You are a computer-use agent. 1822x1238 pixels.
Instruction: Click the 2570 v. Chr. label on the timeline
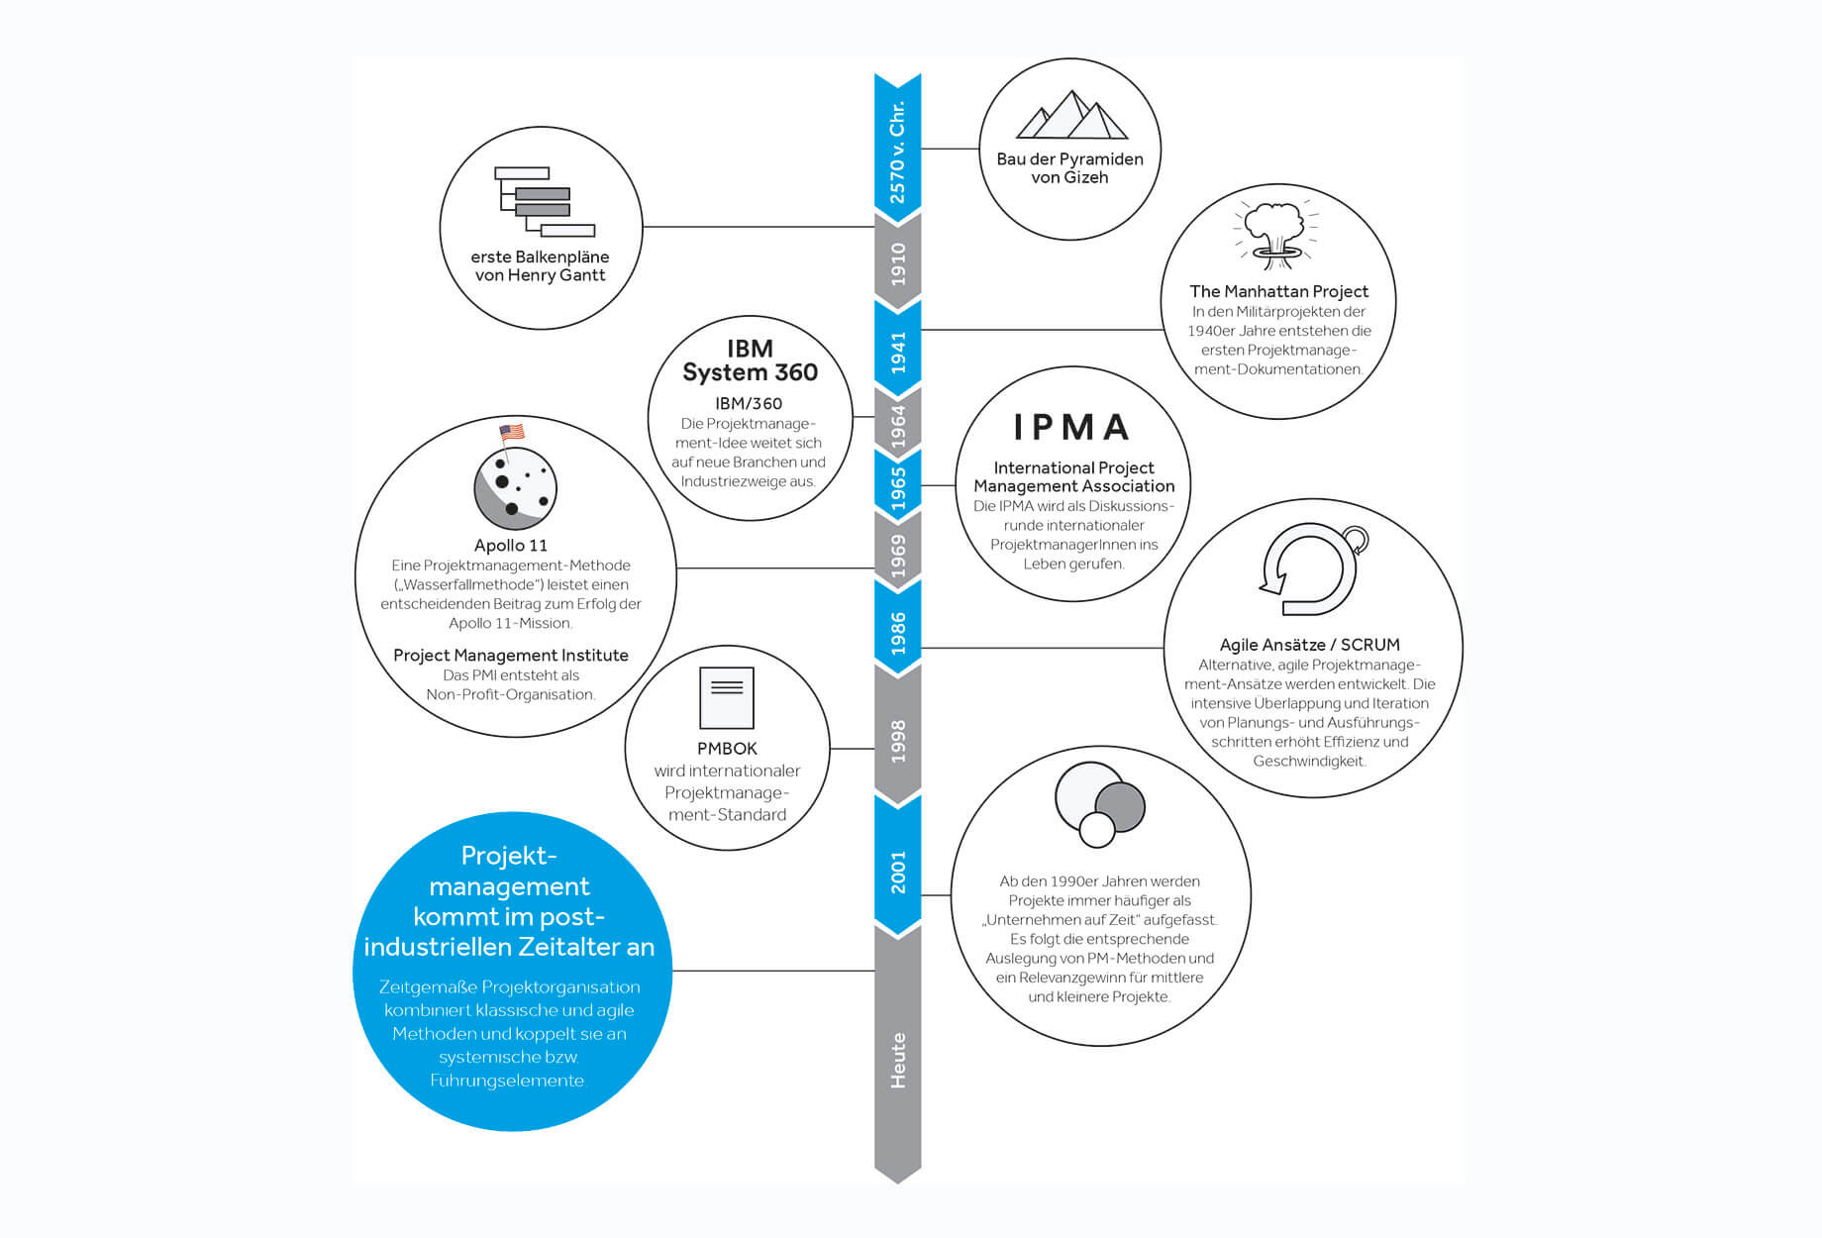pyautogui.click(x=897, y=153)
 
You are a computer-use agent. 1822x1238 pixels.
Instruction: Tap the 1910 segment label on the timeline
pyautogui.click(x=897, y=263)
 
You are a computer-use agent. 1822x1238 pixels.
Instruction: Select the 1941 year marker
pyautogui.click(x=897, y=352)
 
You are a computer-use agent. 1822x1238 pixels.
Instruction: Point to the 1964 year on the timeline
pyautogui.click(x=897, y=426)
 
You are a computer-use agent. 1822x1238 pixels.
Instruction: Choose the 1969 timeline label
pyautogui.click(x=897, y=556)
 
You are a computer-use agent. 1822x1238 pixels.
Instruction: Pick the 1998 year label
pyautogui.click(x=897, y=741)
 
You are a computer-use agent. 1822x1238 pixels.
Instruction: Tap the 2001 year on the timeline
pyautogui.click(x=897, y=872)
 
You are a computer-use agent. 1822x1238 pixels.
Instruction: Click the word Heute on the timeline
pyautogui.click(x=897, y=1061)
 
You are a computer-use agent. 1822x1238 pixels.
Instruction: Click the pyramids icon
pyautogui.click(x=1071, y=115)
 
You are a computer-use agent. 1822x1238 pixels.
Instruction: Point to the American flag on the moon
pyautogui.click(x=511, y=432)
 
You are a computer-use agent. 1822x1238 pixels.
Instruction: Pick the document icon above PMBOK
pyautogui.click(x=727, y=698)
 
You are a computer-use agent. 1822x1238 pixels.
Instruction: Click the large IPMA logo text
pyautogui.click(x=1071, y=427)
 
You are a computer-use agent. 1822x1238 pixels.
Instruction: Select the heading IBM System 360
pyautogui.click(x=750, y=361)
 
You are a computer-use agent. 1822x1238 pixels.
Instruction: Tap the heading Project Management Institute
pyautogui.click(x=511, y=655)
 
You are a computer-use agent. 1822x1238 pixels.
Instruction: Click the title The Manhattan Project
pyautogui.click(x=1278, y=291)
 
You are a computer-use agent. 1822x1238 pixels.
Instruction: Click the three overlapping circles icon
pyautogui.click(x=1099, y=804)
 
